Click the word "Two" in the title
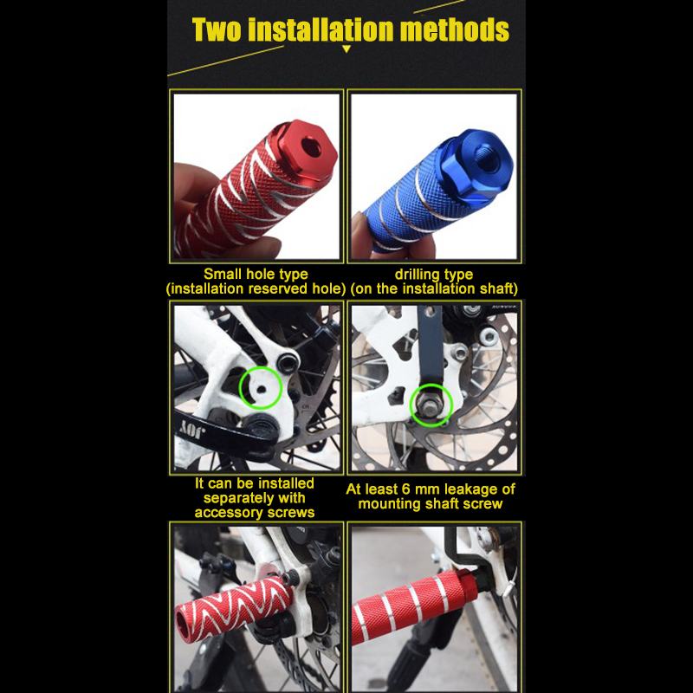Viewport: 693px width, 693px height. coord(217,29)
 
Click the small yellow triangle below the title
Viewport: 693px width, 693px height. coord(346,49)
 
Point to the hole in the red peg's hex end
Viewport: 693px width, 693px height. coord(313,146)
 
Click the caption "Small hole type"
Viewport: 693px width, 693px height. coord(256,274)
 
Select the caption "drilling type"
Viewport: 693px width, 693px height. coord(434,274)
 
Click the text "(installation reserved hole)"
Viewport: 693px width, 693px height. coord(256,288)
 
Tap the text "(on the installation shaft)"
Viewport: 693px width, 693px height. coord(434,288)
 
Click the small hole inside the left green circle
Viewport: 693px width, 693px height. coord(262,389)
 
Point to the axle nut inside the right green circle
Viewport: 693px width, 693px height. coord(430,405)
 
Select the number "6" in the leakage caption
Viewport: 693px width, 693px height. coord(406,489)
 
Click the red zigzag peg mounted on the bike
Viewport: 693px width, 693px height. coord(233,608)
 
